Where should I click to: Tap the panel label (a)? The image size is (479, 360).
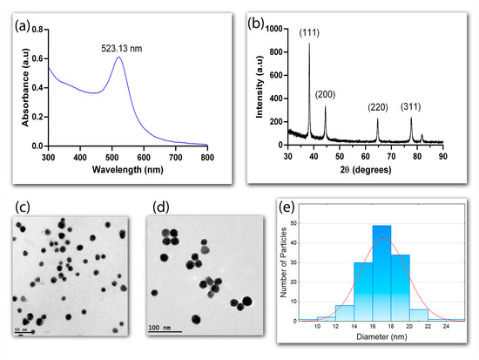(x=20, y=21)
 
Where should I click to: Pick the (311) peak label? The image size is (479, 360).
(x=412, y=107)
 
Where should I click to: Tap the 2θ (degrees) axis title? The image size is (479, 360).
(x=367, y=172)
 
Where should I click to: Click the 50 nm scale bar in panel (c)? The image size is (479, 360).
(x=24, y=332)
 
